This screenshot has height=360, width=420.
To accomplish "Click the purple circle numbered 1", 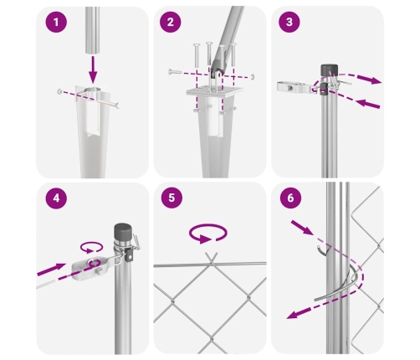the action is click(56, 22).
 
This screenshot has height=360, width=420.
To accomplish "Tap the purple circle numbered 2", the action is click(171, 22).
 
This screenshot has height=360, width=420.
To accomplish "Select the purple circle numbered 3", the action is click(289, 22).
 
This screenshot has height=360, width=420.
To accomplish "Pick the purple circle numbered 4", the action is click(56, 198).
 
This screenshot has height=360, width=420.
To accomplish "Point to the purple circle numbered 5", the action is click(172, 198).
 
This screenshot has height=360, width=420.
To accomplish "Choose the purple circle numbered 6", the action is click(290, 198).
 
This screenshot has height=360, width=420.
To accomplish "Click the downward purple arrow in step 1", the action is click(93, 69).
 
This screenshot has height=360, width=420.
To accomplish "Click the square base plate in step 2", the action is click(214, 92).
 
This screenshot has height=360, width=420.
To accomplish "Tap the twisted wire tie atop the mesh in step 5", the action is click(211, 259).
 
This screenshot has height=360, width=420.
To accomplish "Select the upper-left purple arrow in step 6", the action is click(302, 228).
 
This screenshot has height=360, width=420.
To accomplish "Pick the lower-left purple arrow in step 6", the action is click(299, 313).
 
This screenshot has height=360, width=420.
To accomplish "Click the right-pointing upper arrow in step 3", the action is click(369, 79).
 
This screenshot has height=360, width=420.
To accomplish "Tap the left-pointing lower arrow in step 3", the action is click(368, 104).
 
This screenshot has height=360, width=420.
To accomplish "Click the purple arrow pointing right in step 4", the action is click(52, 269).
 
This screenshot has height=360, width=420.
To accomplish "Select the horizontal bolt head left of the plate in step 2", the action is click(172, 72).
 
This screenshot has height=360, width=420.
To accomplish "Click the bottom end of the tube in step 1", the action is click(93, 52).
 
